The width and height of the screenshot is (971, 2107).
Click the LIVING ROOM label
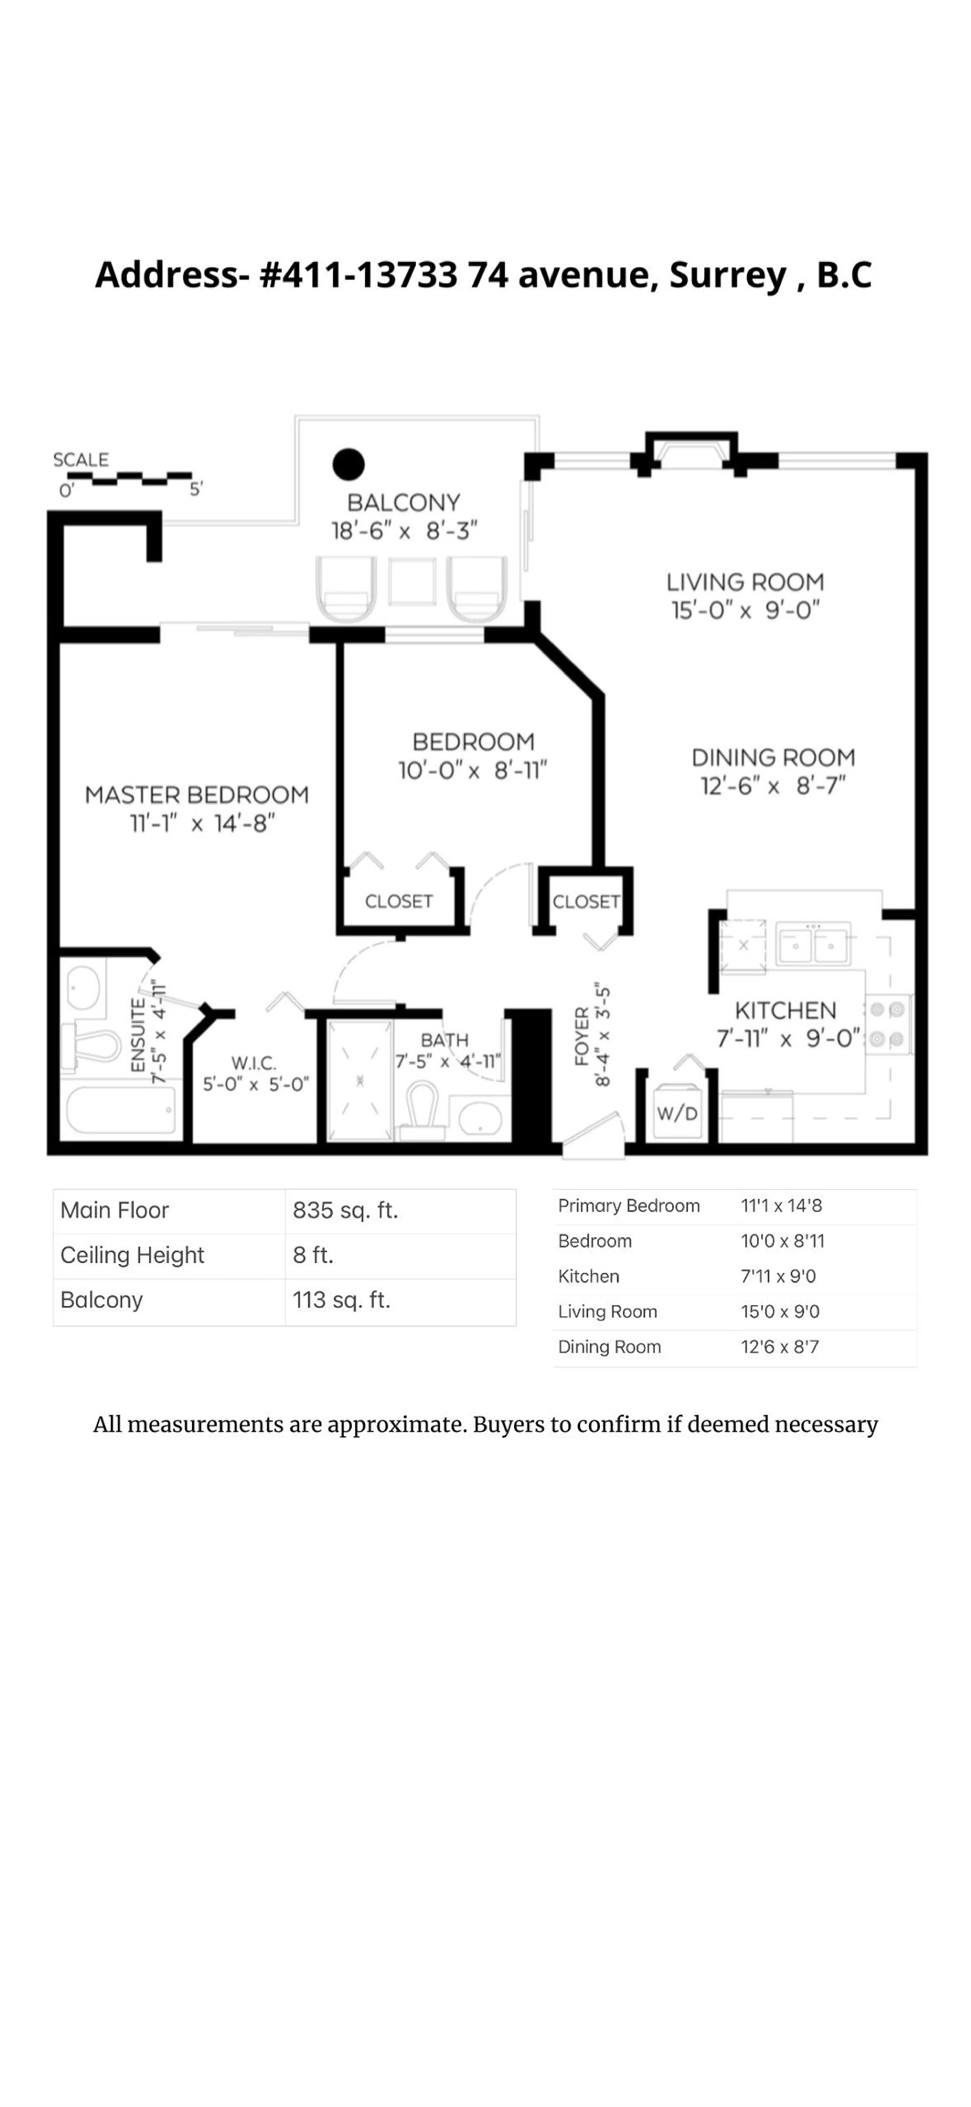coord(744,582)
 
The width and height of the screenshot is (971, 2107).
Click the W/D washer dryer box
coord(677,1113)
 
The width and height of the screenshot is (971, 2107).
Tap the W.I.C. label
coord(254,1063)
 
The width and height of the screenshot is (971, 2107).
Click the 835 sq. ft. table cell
coord(345,1210)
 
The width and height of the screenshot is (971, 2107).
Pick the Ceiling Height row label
coord(133,1255)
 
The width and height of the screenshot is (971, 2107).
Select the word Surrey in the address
coord(727,275)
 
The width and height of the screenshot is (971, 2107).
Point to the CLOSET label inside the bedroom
coord(398,901)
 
